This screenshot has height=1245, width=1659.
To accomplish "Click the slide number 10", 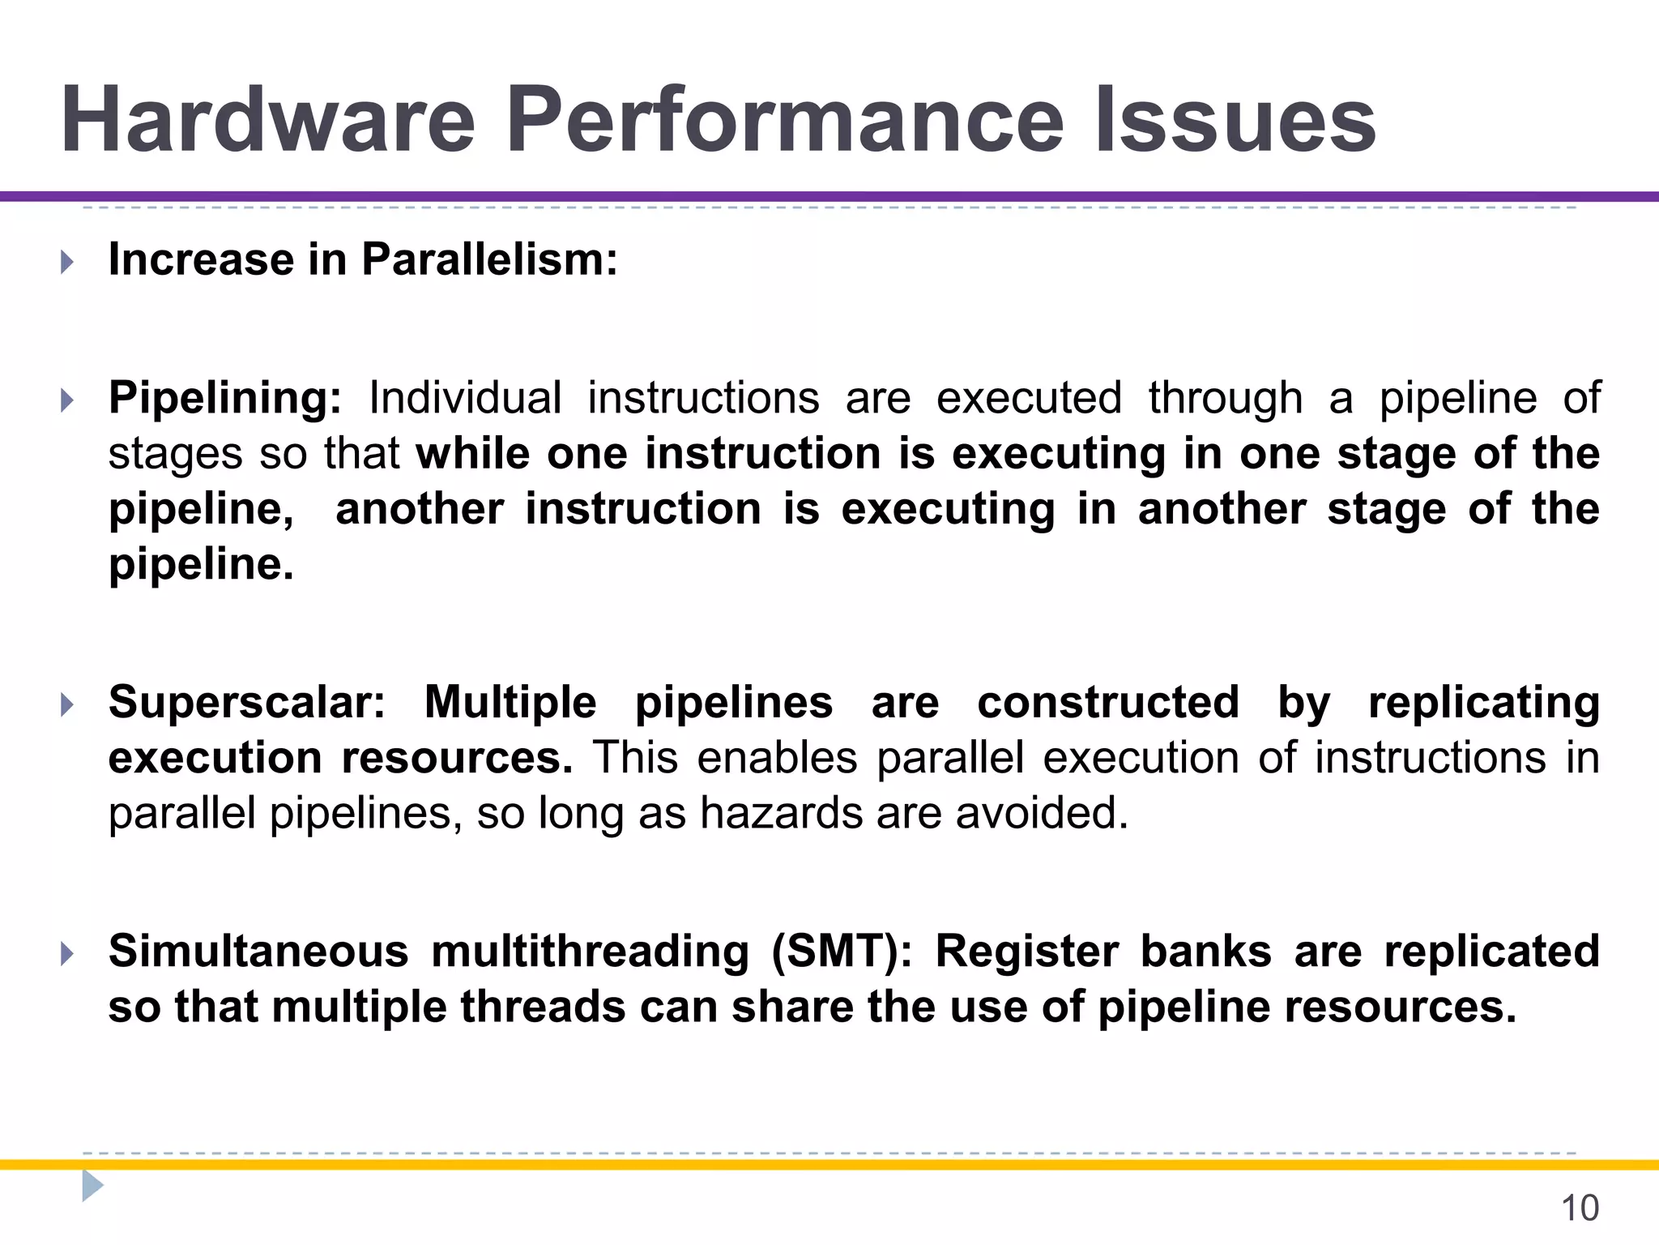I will click(1579, 1208).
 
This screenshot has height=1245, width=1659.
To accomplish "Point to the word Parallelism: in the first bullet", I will click(489, 260).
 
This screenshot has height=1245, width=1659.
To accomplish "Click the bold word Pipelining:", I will click(225, 398).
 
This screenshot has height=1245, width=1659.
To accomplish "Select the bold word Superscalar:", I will click(247, 702).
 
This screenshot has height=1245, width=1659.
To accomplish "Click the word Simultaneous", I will click(258, 951).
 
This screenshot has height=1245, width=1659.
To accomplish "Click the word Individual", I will click(465, 398).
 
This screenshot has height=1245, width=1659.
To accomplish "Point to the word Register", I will click(1026, 951).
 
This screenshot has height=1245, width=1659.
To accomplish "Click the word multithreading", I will click(590, 951).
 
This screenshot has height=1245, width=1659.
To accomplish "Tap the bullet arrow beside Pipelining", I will click(67, 400).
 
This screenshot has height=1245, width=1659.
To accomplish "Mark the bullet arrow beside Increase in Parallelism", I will click(67, 262).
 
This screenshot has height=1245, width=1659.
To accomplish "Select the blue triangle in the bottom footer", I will click(92, 1186).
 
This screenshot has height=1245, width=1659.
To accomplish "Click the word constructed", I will click(1108, 702).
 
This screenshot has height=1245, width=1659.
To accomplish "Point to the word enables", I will click(777, 758).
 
